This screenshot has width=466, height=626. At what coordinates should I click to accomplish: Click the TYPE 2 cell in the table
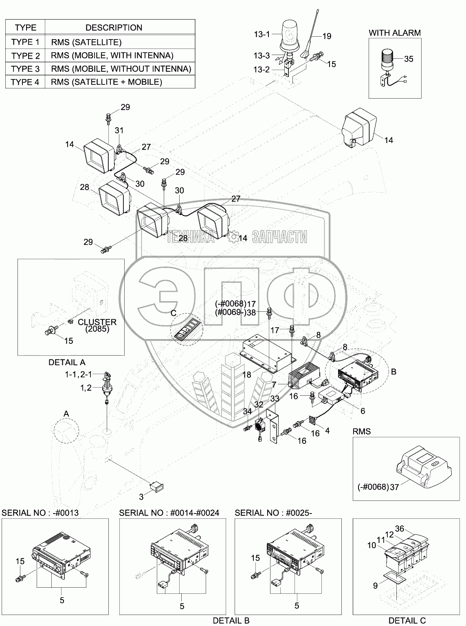(25, 55)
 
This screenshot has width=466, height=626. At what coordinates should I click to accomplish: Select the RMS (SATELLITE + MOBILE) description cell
(120, 82)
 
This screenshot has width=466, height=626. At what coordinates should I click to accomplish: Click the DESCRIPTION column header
(114, 28)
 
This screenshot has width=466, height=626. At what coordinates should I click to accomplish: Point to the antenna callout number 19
(327, 36)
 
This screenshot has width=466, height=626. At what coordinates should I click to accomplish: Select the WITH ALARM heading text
(395, 33)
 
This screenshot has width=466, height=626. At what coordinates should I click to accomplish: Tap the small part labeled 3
(157, 486)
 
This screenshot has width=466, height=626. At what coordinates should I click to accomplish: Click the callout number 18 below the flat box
(247, 375)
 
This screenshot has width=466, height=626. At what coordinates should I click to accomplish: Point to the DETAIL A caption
(67, 362)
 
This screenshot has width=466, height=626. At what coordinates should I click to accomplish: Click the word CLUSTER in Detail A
(97, 322)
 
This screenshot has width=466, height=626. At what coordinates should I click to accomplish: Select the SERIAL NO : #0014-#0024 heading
(169, 513)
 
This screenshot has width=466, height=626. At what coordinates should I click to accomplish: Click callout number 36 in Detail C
(400, 528)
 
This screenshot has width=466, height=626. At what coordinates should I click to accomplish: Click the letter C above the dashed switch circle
(174, 313)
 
